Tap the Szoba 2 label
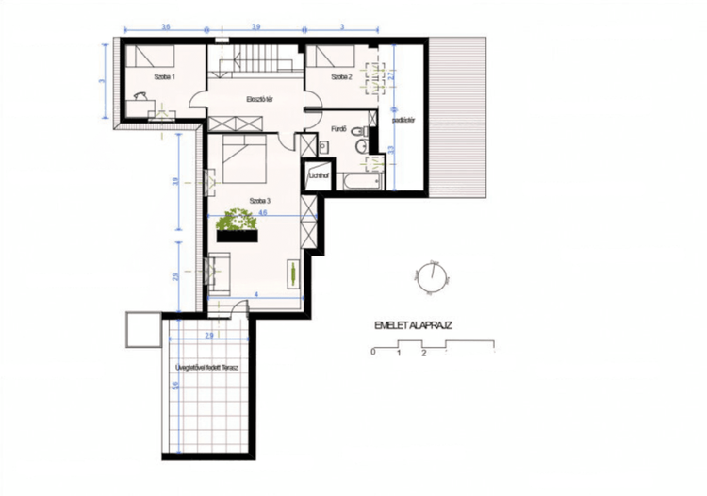tap(341, 78)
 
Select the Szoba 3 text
tap(260, 200)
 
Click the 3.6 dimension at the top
tap(165, 26)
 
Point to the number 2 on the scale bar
tap(424, 354)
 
